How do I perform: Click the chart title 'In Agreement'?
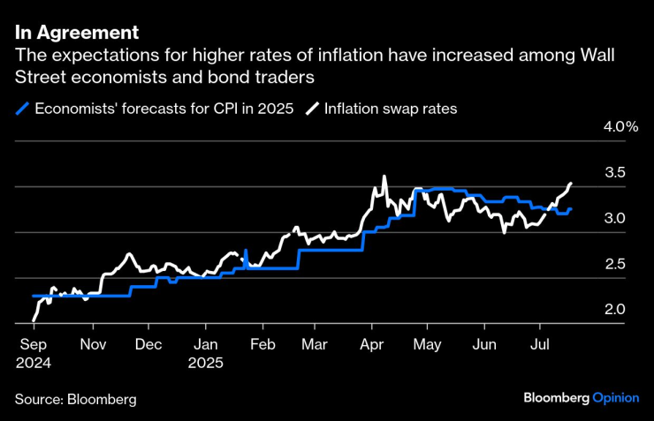pyautogui.click(x=77, y=33)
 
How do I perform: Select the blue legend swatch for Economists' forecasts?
pyautogui.click(x=22, y=109)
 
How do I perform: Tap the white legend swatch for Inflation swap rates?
pyautogui.click(x=312, y=109)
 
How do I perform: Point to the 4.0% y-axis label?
pyautogui.click(x=620, y=126)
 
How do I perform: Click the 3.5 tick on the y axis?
pyautogui.click(x=613, y=172)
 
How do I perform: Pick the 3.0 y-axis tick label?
pyautogui.click(x=613, y=218)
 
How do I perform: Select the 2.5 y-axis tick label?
pyautogui.click(x=613, y=264)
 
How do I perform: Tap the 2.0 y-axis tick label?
pyautogui.click(x=613, y=310)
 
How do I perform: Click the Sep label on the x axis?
pyautogui.click(x=32, y=345)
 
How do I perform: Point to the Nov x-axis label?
pyautogui.click(x=93, y=345)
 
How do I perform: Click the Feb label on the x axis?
pyautogui.click(x=262, y=345)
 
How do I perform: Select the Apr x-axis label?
pyautogui.click(x=372, y=345)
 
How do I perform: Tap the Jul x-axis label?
pyautogui.click(x=539, y=345)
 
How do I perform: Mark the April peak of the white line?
pyautogui.click(x=384, y=177)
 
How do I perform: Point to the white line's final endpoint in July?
pyautogui.click(x=571, y=184)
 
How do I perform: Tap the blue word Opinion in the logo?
pyautogui.click(x=615, y=398)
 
